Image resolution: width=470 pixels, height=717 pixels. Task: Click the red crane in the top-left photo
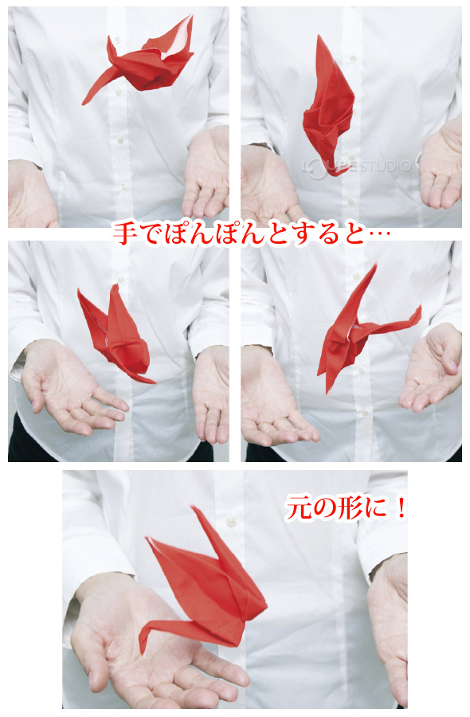click(x=143, y=62)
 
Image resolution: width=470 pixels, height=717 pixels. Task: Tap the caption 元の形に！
click(x=346, y=509)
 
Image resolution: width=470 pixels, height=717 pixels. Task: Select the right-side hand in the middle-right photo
click(x=434, y=366)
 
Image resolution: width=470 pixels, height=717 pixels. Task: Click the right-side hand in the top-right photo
click(x=442, y=167)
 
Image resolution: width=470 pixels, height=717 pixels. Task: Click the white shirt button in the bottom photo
click(x=232, y=522)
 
